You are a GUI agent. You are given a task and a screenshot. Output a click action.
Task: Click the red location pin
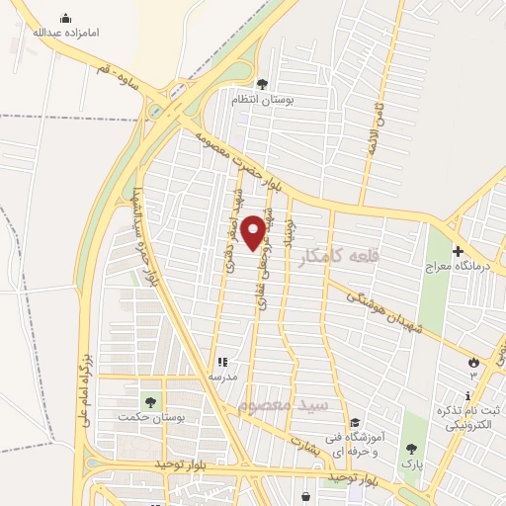click(255, 231)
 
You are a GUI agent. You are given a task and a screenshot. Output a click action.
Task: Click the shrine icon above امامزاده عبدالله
click(65, 18)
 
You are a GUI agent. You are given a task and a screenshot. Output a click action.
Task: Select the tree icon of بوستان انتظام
click(262, 84)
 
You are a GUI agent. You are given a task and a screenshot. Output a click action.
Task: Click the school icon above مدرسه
click(222, 363)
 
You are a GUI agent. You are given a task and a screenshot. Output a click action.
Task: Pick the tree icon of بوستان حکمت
click(151, 402)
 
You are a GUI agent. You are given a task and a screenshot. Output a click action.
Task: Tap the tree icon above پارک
click(410, 447)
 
